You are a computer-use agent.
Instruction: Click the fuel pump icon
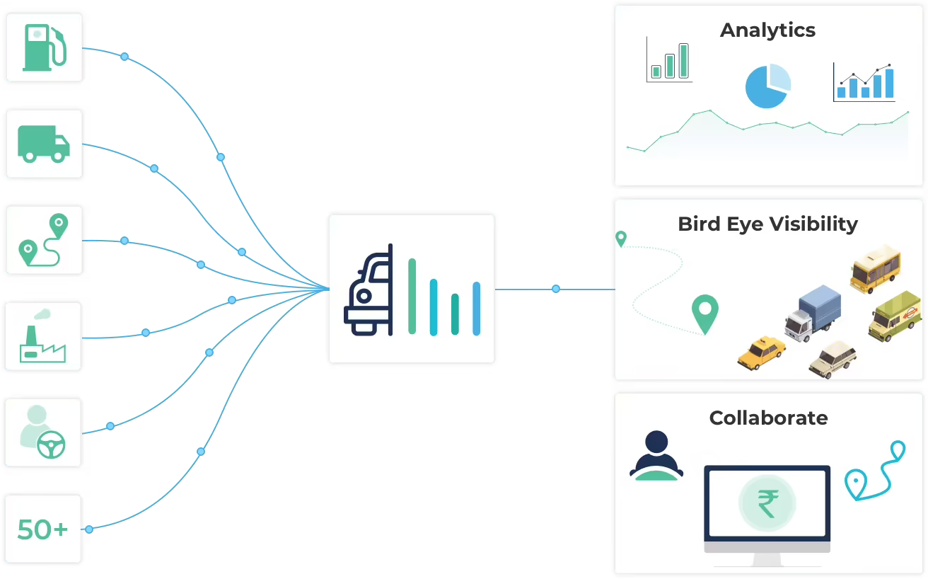[x=45, y=47]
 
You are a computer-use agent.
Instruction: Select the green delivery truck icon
[x=44, y=144]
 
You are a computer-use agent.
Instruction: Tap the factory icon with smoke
[x=42, y=336]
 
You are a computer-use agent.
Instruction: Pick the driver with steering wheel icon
[x=42, y=432]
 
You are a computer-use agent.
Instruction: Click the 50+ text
[x=42, y=529]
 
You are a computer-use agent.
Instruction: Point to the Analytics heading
[x=767, y=30]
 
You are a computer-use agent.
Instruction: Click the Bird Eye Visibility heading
[x=767, y=224]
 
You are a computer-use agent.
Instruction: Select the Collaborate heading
[x=768, y=418]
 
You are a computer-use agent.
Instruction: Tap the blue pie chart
[x=767, y=86]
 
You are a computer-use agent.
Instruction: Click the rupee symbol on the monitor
[x=767, y=503]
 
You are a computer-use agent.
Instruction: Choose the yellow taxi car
[x=762, y=352]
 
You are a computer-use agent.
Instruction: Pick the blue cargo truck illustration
[x=813, y=314]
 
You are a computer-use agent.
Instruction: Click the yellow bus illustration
[x=876, y=270]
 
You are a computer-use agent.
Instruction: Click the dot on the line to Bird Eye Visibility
[x=556, y=289]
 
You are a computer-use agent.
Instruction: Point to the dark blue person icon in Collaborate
[x=656, y=456]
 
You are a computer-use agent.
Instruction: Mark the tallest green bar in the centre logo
[x=412, y=296]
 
